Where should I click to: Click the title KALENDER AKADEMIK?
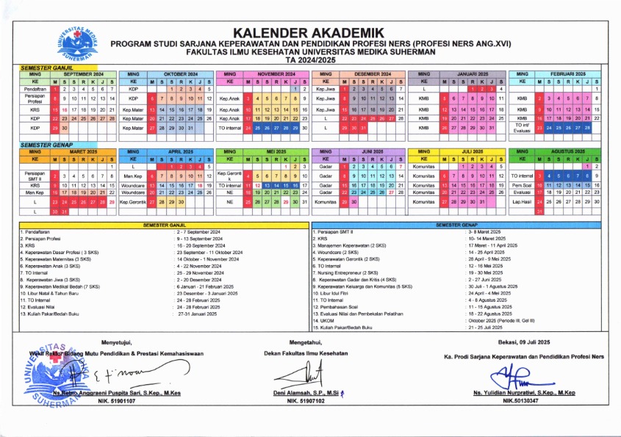309,32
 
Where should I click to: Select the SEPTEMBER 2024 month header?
83,74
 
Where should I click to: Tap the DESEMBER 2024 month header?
373,74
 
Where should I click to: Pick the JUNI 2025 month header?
373,151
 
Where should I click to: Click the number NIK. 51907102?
306,402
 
